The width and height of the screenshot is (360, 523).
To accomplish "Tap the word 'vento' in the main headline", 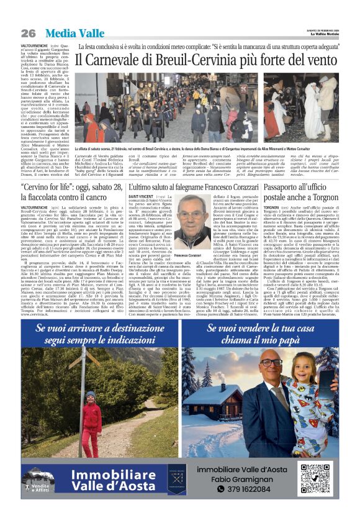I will pyautogui.click(x=323, y=60).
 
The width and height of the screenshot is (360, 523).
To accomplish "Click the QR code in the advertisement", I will pyautogui.click(x=315, y=480).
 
